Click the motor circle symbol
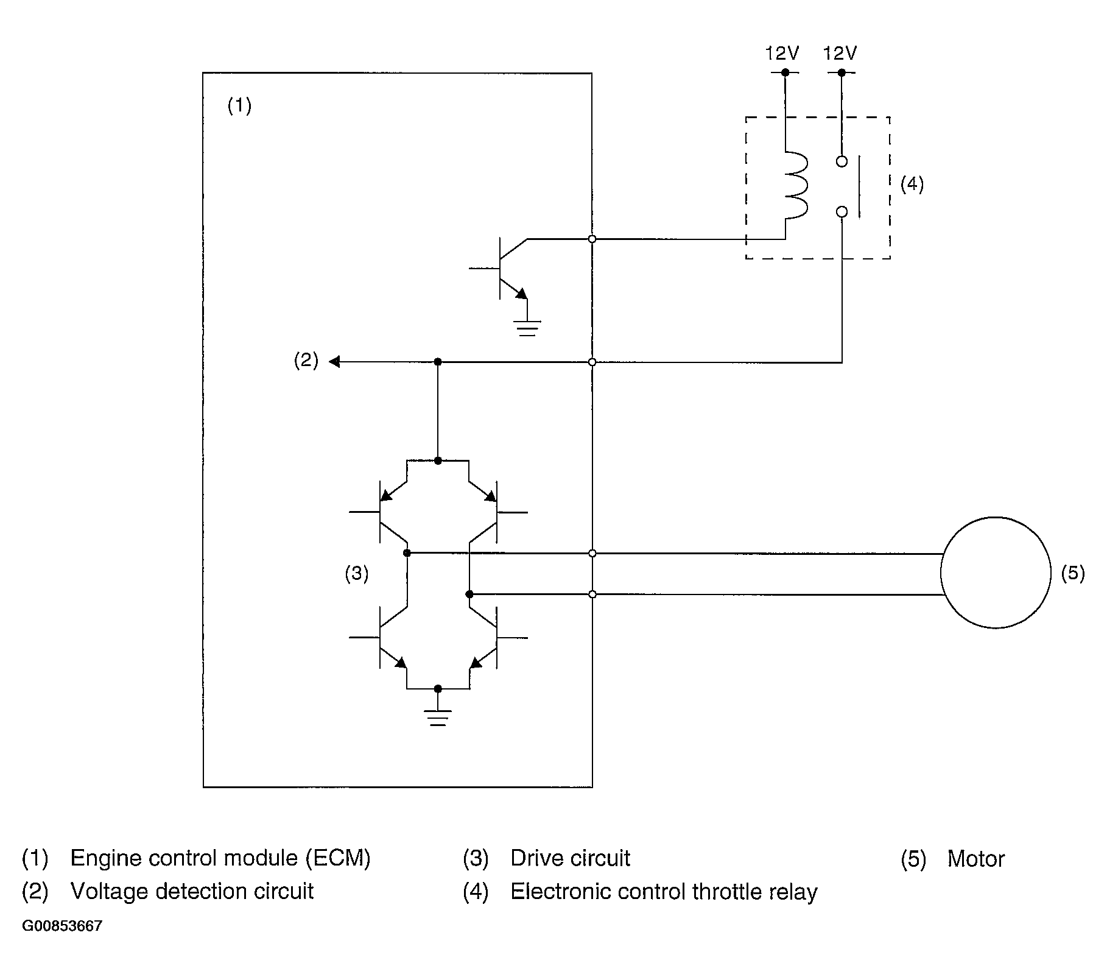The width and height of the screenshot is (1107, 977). point(995,573)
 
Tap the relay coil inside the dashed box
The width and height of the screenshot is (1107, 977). point(796,185)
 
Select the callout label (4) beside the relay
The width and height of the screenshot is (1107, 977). point(912,184)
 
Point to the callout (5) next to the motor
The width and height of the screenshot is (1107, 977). point(1072,573)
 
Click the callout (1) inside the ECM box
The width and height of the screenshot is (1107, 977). point(239,106)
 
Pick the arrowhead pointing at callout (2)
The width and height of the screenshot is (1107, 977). point(334,362)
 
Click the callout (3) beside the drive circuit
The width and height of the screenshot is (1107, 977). point(356,573)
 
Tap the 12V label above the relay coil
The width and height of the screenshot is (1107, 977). point(782,54)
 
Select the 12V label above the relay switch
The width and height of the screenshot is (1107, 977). point(840,54)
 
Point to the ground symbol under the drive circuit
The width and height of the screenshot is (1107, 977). point(438,718)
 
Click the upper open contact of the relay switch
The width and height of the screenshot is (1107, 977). point(842,161)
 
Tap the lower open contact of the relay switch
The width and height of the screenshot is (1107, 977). point(842,212)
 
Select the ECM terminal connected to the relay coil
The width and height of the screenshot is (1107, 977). point(592,239)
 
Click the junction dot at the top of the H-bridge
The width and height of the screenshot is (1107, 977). point(438,460)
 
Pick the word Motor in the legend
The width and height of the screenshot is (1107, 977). point(975,859)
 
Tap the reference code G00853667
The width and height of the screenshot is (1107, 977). point(62,926)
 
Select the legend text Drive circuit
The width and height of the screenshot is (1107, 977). point(570,858)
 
